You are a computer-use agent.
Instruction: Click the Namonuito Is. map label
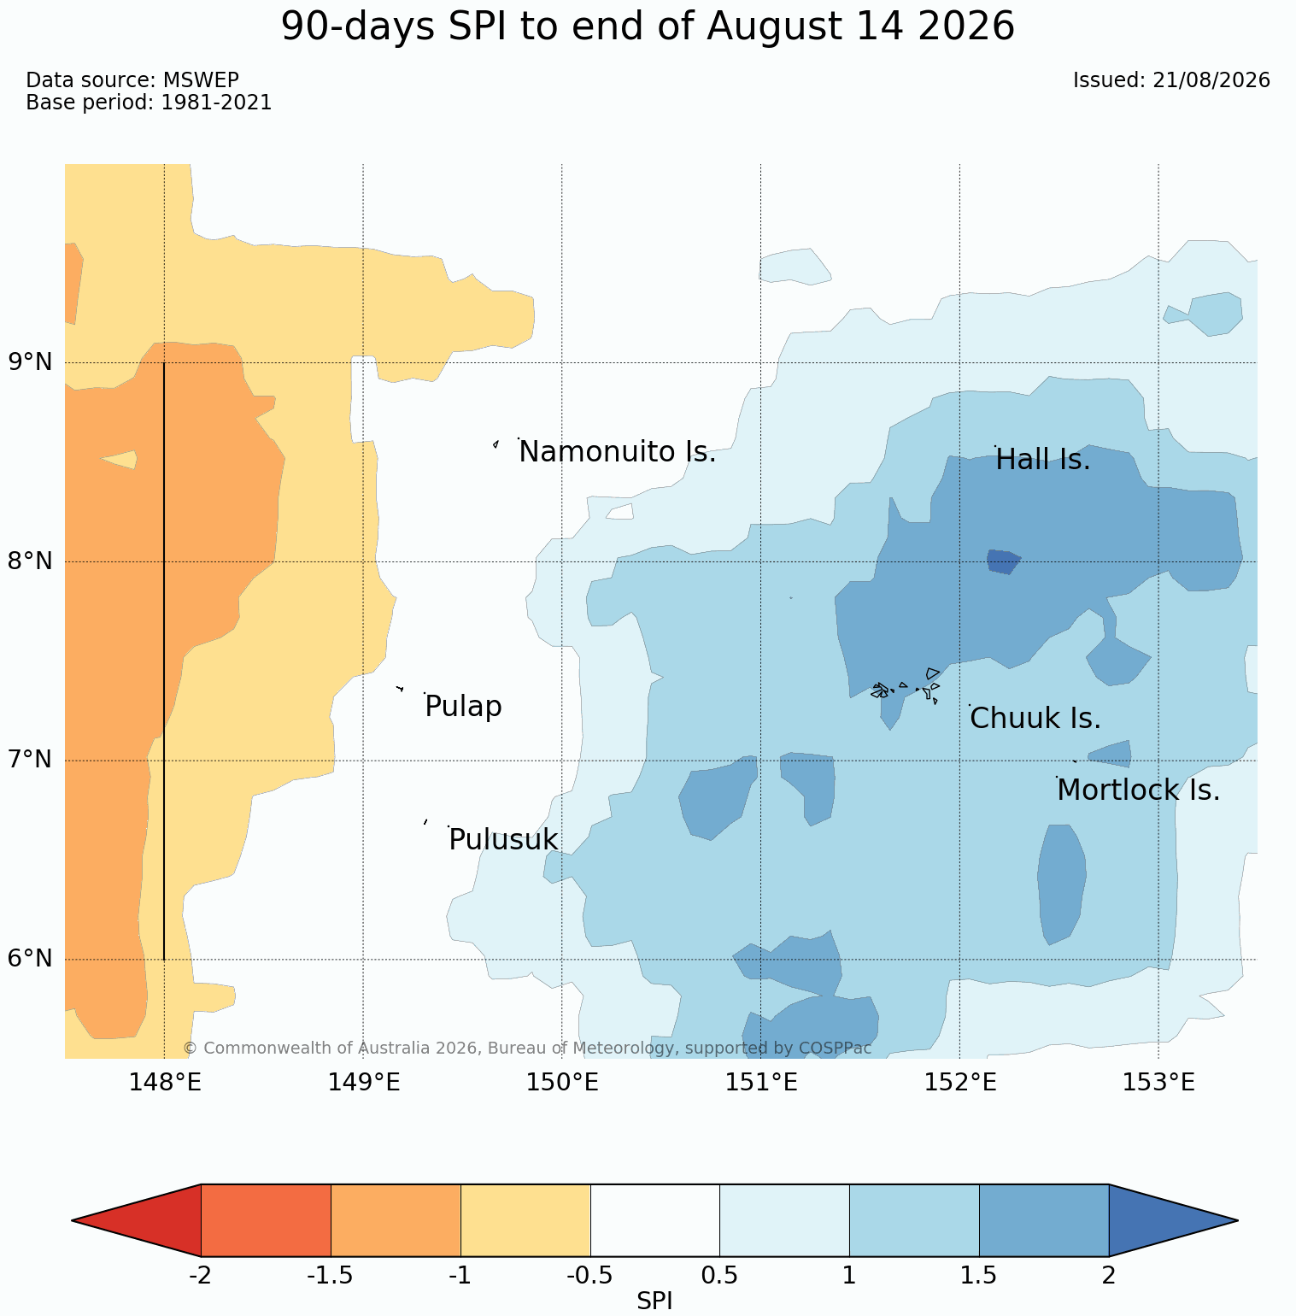click(617, 452)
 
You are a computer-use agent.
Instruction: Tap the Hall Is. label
click(1043, 460)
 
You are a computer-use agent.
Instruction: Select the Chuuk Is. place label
click(1035, 719)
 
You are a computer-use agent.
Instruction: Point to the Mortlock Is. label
click(1138, 790)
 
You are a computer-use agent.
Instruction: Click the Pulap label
click(463, 707)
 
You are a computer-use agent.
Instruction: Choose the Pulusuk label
click(503, 840)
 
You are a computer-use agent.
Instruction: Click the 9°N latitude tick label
click(31, 362)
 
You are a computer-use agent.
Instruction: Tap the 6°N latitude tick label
click(31, 959)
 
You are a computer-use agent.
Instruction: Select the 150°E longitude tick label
click(562, 1083)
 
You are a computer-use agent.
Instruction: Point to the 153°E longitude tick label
click(1158, 1083)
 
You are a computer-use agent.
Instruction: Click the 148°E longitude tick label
click(165, 1083)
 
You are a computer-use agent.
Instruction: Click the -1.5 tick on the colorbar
click(331, 1276)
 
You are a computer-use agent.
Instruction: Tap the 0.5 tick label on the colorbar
click(719, 1276)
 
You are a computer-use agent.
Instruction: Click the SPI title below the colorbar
click(654, 1301)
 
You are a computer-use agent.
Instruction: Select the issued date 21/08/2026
click(1211, 80)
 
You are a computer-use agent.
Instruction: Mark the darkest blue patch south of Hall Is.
click(1003, 561)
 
